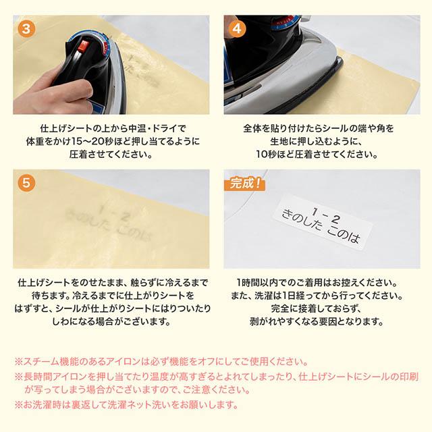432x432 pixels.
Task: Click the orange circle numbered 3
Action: (26, 28)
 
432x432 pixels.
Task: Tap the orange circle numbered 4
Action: (237, 28)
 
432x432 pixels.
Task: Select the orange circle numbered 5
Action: (26, 183)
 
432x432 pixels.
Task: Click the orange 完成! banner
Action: (245, 184)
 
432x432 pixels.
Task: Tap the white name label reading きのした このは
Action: (322, 223)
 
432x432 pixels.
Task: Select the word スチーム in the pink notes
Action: (41, 362)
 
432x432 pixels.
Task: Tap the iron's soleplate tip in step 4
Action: (340, 61)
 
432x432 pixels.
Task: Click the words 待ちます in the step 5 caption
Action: (50, 296)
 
